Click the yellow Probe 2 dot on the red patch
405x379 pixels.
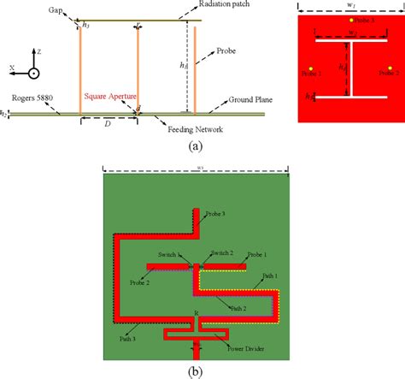pos(311,67)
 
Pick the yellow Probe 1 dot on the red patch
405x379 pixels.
pos(387,67)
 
